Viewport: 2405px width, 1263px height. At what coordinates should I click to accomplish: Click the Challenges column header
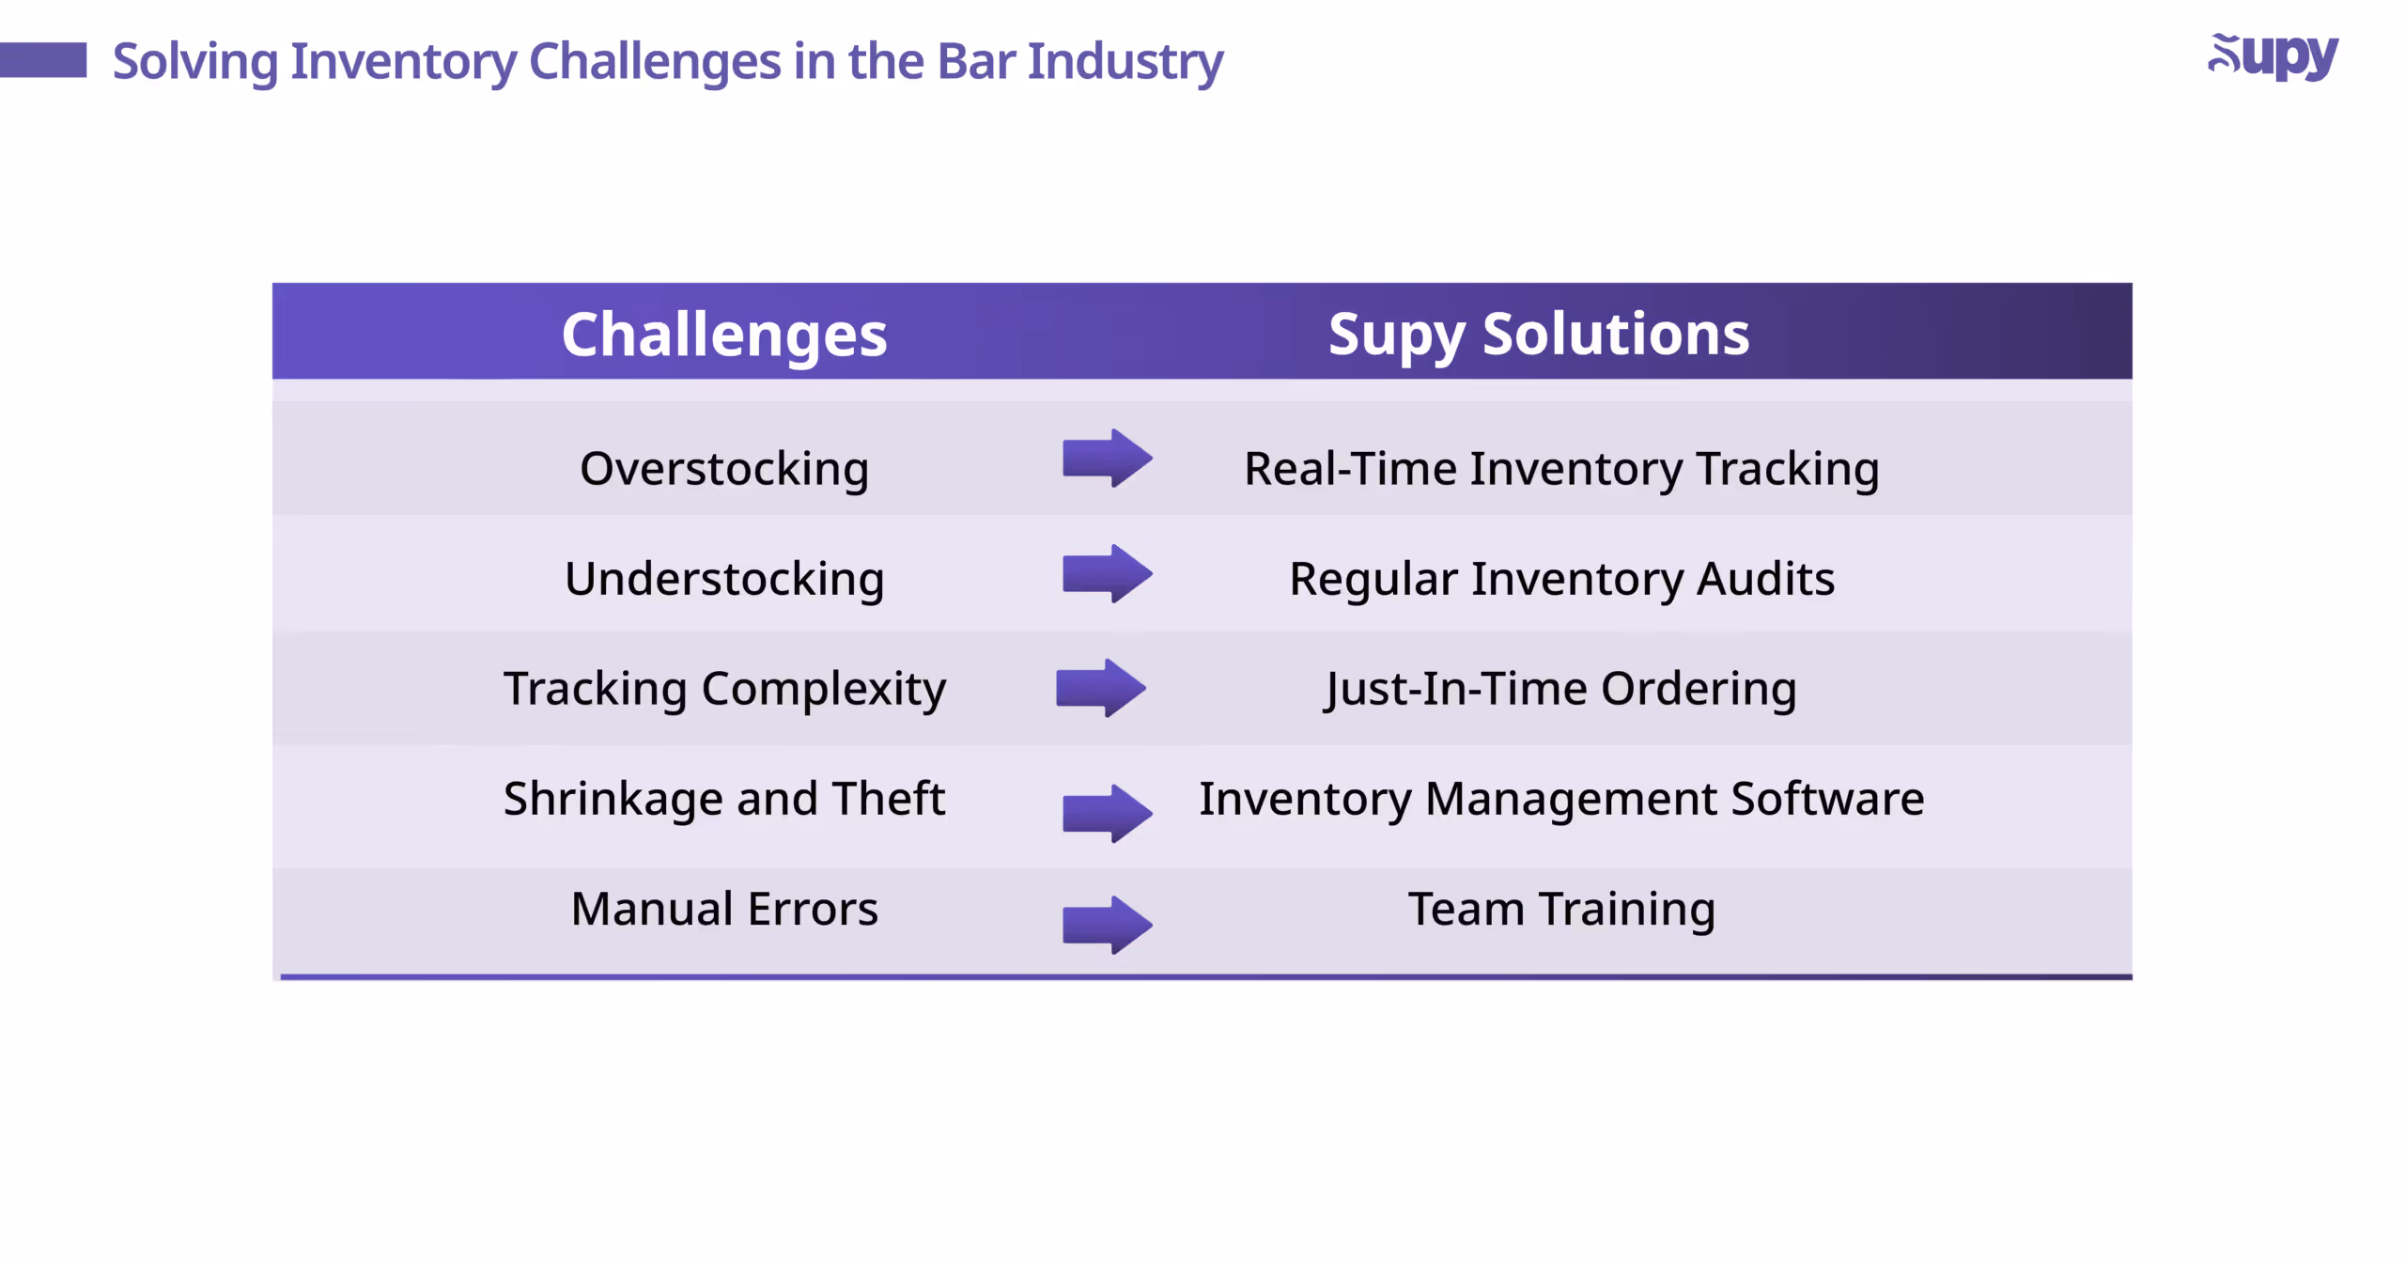pos(723,335)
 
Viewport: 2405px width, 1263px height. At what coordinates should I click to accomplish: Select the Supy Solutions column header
pos(1538,335)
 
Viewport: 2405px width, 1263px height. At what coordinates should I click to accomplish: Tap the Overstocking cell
pos(723,468)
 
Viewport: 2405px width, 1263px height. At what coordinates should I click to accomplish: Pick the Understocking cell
pos(723,578)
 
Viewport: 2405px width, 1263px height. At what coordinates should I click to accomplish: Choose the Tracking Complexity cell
pos(723,688)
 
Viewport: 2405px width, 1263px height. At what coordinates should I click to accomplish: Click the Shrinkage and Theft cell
pos(723,798)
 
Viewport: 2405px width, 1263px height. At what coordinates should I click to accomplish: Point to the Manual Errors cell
pos(723,908)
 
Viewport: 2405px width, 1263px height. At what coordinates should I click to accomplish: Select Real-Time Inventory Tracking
pos(1560,468)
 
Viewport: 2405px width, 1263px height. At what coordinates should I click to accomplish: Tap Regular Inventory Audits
pos(1560,578)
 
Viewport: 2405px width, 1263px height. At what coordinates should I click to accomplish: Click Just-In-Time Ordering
pos(1560,688)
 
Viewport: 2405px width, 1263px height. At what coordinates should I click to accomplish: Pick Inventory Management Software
pos(1560,798)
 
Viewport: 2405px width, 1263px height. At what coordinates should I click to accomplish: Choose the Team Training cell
pos(1560,908)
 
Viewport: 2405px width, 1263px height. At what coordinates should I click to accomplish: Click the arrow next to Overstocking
pos(1107,459)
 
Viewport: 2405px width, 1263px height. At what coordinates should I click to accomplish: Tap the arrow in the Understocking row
pos(1107,573)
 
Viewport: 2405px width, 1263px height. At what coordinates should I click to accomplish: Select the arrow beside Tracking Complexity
pos(1100,688)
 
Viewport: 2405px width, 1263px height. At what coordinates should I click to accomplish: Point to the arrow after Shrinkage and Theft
pos(1107,813)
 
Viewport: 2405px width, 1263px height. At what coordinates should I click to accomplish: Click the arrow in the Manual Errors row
pos(1107,925)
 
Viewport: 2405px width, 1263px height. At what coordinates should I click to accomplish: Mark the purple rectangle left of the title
pos(43,60)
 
